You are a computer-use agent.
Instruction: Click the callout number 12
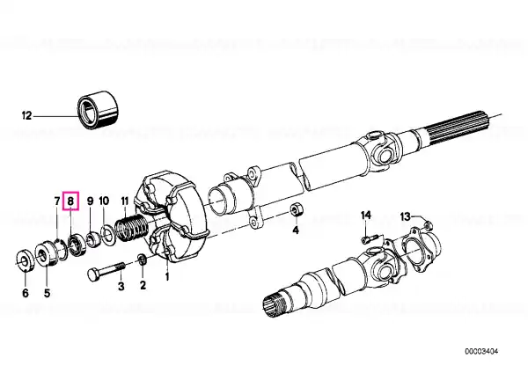tap(26, 116)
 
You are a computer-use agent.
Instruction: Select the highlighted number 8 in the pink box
tap(70, 201)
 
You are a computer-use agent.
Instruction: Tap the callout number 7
tap(57, 201)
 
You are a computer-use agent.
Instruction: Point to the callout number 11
tap(125, 201)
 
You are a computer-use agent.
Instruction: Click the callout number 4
tap(296, 230)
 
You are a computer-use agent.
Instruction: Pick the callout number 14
tap(366, 215)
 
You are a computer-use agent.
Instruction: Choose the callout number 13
tap(406, 216)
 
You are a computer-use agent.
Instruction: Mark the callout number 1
tap(167, 277)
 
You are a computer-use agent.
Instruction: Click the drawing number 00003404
tap(481, 352)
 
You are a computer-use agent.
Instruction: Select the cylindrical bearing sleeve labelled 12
tap(98, 109)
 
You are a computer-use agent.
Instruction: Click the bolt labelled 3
tap(106, 271)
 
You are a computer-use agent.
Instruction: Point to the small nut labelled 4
tap(297, 209)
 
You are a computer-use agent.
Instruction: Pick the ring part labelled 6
tap(26, 260)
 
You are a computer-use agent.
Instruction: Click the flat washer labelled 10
tap(108, 236)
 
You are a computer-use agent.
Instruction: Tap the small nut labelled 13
tap(427, 224)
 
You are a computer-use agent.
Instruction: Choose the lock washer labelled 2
tap(142, 260)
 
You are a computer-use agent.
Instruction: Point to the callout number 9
tap(90, 201)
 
